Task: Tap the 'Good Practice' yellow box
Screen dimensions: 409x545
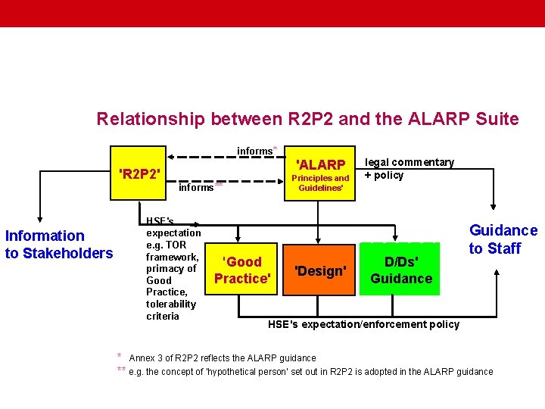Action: (x=243, y=270)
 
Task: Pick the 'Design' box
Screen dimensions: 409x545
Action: (x=321, y=270)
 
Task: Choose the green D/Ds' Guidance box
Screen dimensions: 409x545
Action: (x=400, y=270)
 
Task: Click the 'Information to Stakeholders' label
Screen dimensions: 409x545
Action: (x=58, y=244)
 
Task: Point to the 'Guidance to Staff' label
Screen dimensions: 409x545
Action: (x=503, y=239)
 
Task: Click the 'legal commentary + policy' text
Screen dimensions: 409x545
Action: (x=409, y=169)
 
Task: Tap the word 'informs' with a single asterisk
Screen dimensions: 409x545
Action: (x=255, y=151)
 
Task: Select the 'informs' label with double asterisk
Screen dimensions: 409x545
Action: (x=197, y=187)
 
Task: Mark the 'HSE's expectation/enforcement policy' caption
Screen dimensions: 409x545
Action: (x=363, y=324)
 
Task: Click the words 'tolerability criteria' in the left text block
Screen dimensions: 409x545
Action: (x=171, y=310)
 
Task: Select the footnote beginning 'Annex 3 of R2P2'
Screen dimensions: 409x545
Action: (x=223, y=357)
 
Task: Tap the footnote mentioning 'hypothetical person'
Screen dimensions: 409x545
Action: (x=310, y=371)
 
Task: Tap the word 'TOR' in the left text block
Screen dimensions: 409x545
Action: (x=176, y=245)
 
